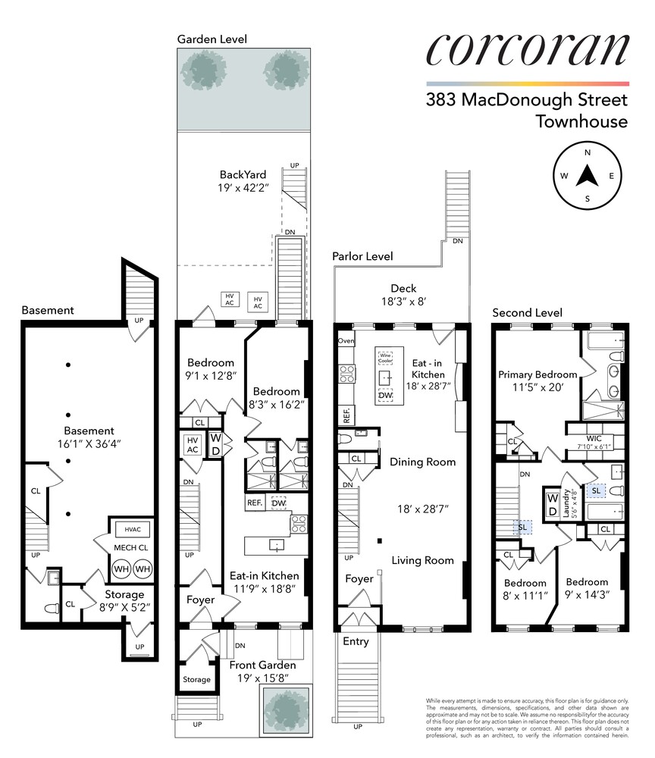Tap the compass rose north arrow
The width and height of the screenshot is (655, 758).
click(x=588, y=176)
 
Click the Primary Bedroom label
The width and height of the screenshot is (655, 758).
click(x=537, y=374)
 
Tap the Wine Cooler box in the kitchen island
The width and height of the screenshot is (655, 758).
click(x=387, y=356)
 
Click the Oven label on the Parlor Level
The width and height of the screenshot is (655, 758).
click(x=346, y=341)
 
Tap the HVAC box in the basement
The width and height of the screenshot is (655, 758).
click(x=132, y=528)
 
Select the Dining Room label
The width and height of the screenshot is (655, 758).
click(x=422, y=462)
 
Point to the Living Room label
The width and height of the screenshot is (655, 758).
click(x=422, y=561)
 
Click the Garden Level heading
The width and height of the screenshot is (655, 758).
click(x=212, y=39)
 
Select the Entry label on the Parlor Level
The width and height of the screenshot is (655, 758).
click(x=356, y=641)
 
